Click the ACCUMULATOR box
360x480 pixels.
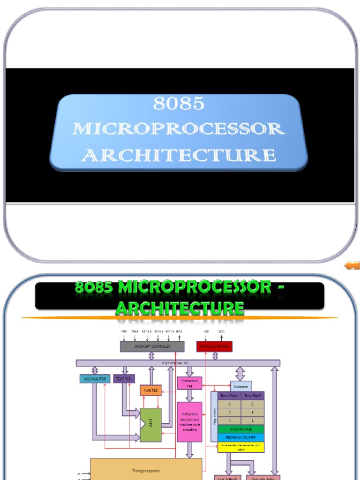95,378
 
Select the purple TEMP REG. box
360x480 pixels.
124,378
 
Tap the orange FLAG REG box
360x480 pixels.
150,390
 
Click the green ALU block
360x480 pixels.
150,424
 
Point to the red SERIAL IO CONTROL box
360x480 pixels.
214,346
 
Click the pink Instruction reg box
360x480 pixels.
189,383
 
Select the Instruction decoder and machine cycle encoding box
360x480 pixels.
189,421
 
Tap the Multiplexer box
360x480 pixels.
241,387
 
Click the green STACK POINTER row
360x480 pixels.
241,429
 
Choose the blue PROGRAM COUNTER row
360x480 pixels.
241,437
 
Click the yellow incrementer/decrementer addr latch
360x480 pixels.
241,447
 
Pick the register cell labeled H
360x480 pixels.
229,420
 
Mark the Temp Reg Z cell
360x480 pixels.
253,396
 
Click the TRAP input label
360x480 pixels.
135,331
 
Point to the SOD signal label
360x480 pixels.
221,331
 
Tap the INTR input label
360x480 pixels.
124,331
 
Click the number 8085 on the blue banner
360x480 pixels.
179,104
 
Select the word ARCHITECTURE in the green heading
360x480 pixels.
180,308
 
